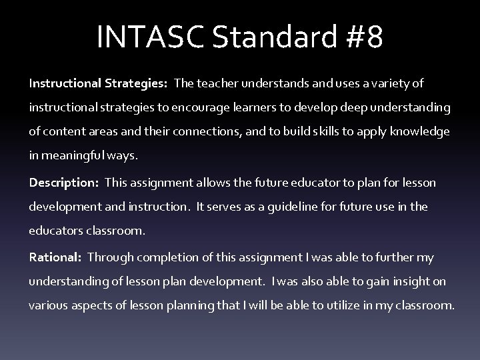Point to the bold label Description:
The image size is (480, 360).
62,182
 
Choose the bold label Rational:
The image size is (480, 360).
55,257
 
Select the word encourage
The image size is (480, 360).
203,107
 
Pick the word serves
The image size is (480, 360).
226,207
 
